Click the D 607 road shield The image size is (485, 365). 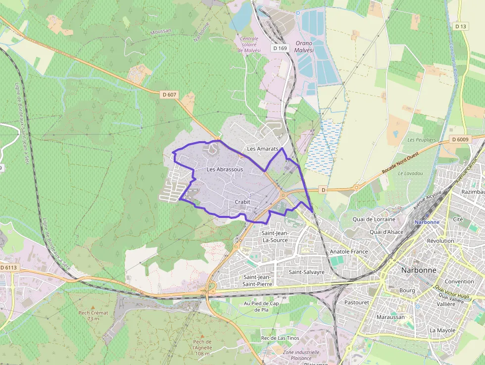click(x=168, y=94)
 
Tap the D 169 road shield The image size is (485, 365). click(x=280, y=48)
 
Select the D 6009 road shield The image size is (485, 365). click(x=460, y=139)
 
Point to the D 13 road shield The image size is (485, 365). click(x=461, y=26)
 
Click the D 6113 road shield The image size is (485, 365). click(x=8, y=267)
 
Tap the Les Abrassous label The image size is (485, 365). click(x=225, y=169)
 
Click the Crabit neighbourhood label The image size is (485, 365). click(x=242, y=202)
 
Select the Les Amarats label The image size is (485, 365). click(x=263, y=149)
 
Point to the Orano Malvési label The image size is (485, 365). click(x=304, y=47)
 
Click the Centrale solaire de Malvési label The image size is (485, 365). click(x=249, y=45)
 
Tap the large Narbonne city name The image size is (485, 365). click(x=419, y=270)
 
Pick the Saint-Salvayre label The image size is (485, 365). click(x=307, y=272)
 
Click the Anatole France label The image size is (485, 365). click(x=349, y=252)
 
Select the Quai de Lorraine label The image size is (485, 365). click(x=374, y=219)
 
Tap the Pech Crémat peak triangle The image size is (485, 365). click(x=93, y=307)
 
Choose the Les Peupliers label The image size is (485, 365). click(x=422, y=140)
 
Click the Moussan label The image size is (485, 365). click(x=160, y=31)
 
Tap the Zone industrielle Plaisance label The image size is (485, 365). click(x=301, y=355)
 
